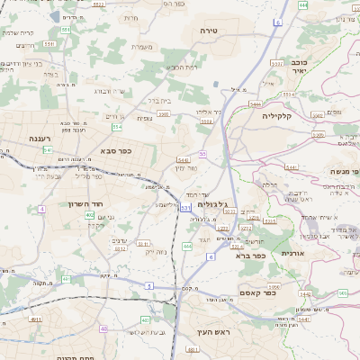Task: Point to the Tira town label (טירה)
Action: [211, 31]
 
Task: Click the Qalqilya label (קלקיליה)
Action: [284, 116]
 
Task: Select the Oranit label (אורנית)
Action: [292, 254]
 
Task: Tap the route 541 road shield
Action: [48, 149]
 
